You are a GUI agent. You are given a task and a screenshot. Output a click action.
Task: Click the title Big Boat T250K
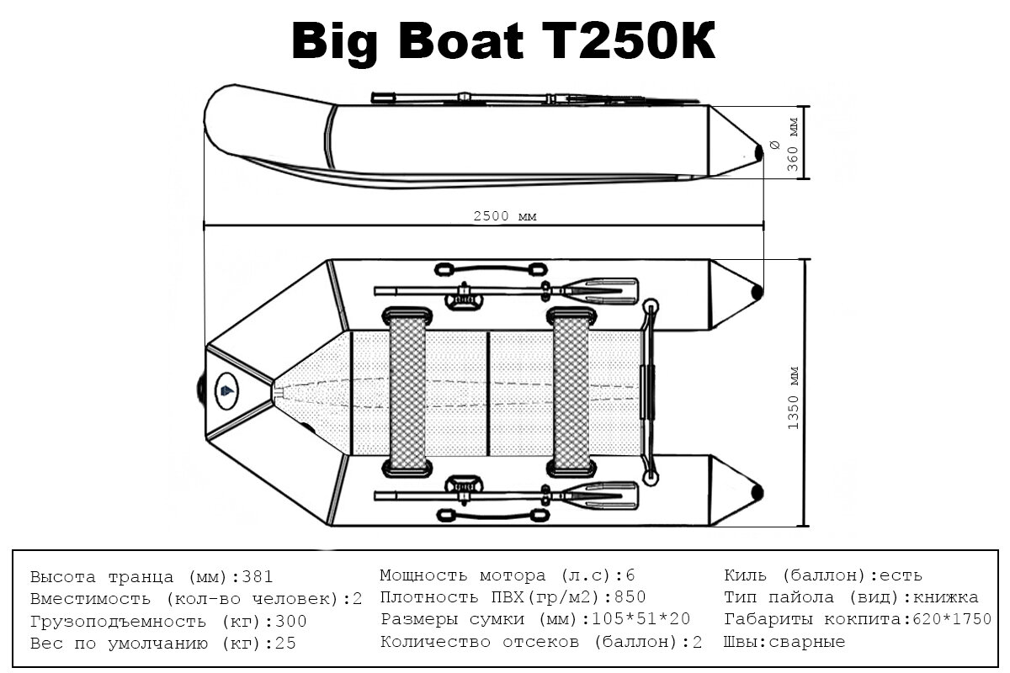pyautogui.click(x=503, y=40)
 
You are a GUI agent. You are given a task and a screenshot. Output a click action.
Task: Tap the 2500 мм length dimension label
pyautogui.click(x=504, y=216)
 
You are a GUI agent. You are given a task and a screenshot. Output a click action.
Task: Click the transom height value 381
pyautogui.click(x=258, y=578)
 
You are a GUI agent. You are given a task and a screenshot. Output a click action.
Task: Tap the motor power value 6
pyautogui.click(x=630, y=576)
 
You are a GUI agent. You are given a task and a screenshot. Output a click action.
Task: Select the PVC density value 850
pyautogui.click(x=630, y=598)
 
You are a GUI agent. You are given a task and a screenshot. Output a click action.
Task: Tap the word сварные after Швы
pyautogui.click(x=814, y=642)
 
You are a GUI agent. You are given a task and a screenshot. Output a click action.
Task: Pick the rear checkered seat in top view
pyautogui.click(x=571, y=390)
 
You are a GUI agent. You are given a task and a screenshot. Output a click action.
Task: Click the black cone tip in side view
pyautogui.click(x=761, y=151)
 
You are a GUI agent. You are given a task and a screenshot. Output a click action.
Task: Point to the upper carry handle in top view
pyautogui.click(x=489, y=270)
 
